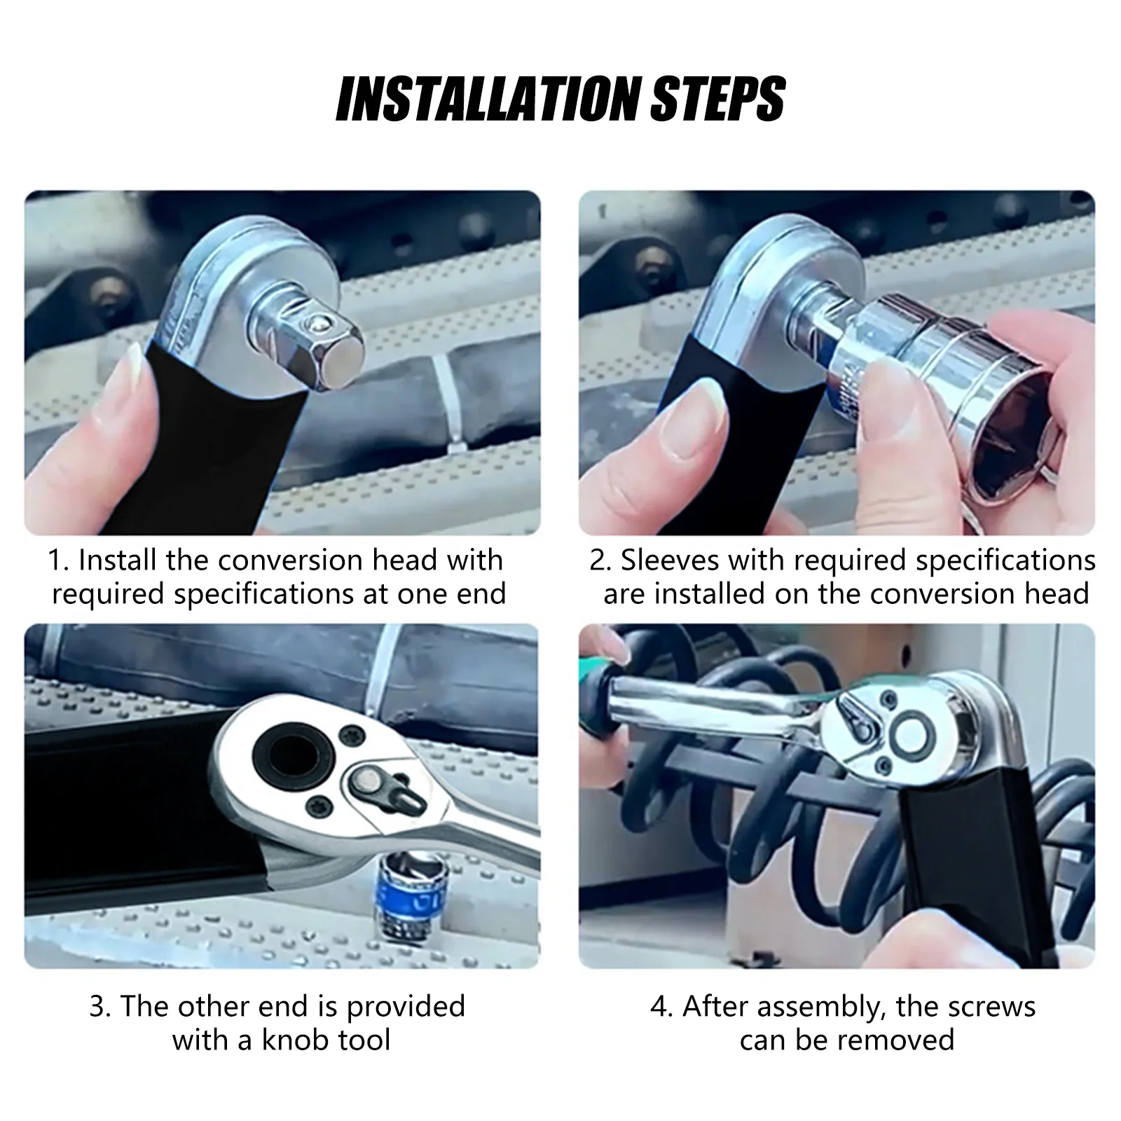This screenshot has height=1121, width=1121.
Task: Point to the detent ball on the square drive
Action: pos(319,323)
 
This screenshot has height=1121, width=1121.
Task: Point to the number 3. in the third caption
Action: pos(102,1007)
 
